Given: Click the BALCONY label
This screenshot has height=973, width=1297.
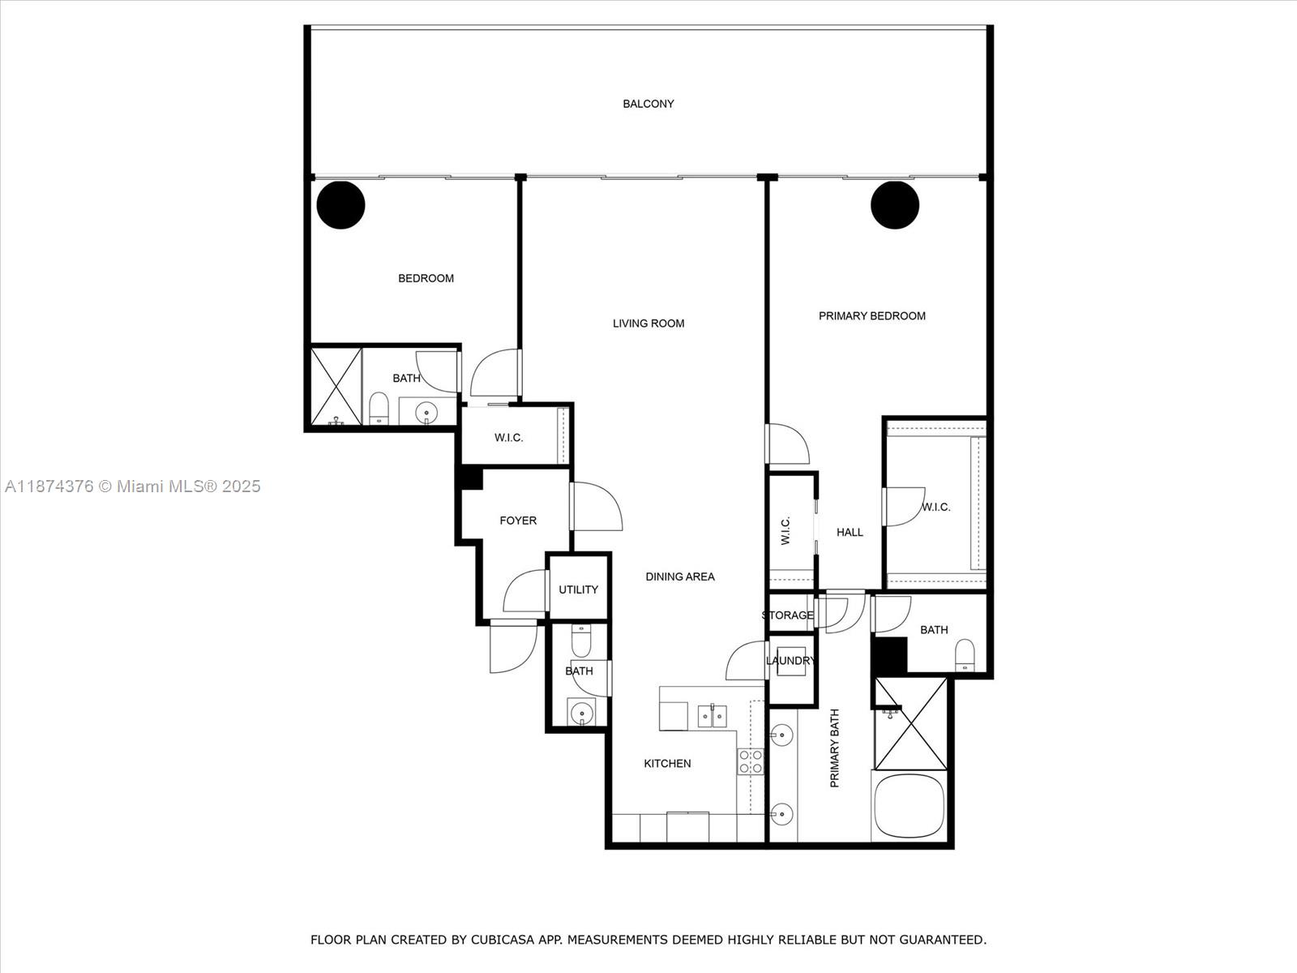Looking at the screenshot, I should pos(648,104).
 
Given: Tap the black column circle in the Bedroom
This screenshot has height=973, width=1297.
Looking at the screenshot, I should pos(340,205).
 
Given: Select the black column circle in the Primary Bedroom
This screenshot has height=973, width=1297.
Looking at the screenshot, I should pos(895,205).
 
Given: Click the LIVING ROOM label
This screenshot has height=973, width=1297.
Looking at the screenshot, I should pos(648,324).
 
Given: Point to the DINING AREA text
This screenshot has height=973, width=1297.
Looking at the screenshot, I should pos(679,577).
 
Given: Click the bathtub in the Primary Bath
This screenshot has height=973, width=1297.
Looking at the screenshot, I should pos(910,807).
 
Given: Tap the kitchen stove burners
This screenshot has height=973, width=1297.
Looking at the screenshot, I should pos(750,761).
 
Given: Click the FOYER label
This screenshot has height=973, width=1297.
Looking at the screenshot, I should pos(517,521).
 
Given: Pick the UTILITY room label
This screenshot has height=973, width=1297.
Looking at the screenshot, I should pos(578,589).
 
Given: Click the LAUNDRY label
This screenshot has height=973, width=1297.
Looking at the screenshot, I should pos(790,661).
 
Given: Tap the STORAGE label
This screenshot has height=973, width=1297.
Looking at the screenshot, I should pos(787,615).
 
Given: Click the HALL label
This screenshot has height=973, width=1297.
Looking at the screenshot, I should pos(850,533).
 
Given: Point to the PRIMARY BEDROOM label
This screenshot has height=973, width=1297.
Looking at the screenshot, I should pos(871,316).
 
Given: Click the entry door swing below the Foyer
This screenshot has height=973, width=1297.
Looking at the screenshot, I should pos(513,646).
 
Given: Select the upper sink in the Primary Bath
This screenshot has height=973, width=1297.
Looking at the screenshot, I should pos(781,735).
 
